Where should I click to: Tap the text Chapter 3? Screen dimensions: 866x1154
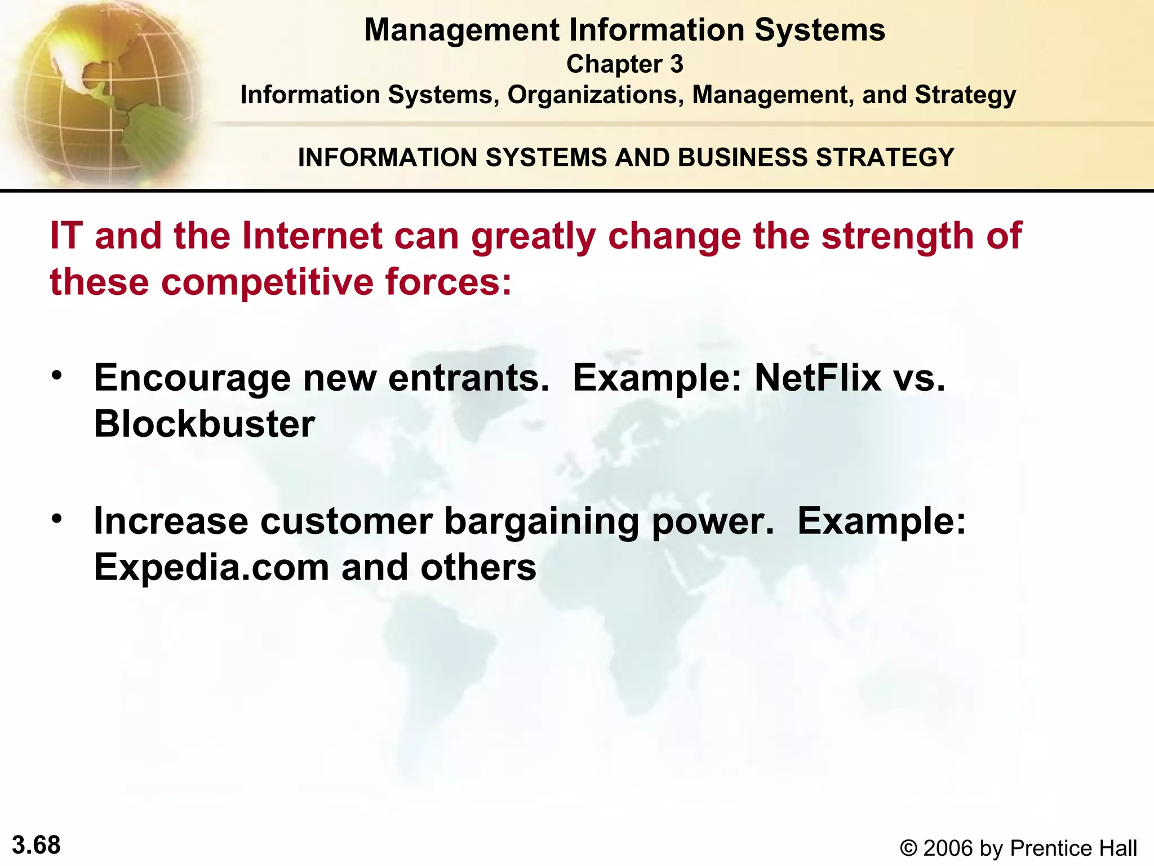624,64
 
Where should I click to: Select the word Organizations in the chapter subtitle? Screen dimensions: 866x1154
595,95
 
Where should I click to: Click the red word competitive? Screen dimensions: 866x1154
267,281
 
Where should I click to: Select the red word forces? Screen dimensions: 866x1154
449,281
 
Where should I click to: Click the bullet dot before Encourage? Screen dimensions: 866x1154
56,375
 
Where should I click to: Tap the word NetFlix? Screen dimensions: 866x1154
818,378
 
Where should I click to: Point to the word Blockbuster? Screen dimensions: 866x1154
204,424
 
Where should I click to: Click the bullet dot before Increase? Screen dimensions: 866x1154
56,518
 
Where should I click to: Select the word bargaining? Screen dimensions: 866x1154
542,522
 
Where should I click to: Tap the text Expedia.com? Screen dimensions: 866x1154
211,567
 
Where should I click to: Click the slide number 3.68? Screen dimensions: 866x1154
36,845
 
